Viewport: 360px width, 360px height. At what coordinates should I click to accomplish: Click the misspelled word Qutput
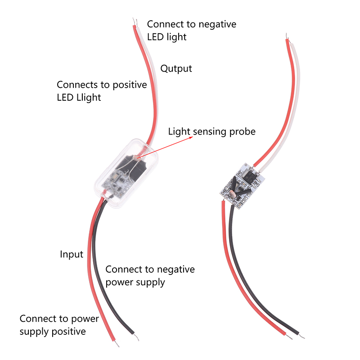click(176, 68)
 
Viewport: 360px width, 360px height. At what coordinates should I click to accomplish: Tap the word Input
click(72, 254)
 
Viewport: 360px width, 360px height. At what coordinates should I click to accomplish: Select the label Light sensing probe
click(211, 131)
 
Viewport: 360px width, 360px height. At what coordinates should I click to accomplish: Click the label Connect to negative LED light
click(191, 30)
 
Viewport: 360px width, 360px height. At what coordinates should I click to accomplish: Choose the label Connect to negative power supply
click(150, 276)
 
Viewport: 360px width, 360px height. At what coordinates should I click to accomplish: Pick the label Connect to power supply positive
click(59, 325)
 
